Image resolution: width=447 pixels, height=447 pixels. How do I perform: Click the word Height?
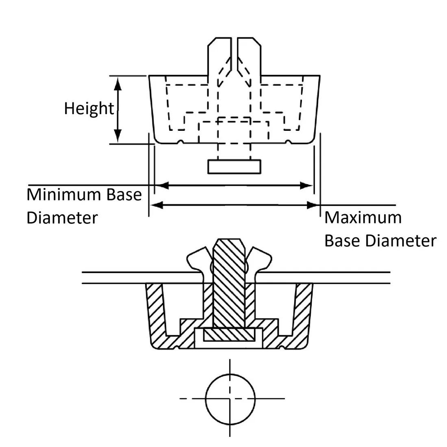[89, 108]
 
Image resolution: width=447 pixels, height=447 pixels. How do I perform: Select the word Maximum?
[362, 218]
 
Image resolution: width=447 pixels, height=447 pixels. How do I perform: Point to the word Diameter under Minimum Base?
[62, 218]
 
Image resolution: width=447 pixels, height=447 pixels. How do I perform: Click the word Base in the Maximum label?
[342, 241]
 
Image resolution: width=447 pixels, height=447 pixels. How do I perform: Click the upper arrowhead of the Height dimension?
[117, 84]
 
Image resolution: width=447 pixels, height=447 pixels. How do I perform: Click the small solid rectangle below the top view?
[234, 167]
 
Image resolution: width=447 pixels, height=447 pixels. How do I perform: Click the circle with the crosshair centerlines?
[230, 399]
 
